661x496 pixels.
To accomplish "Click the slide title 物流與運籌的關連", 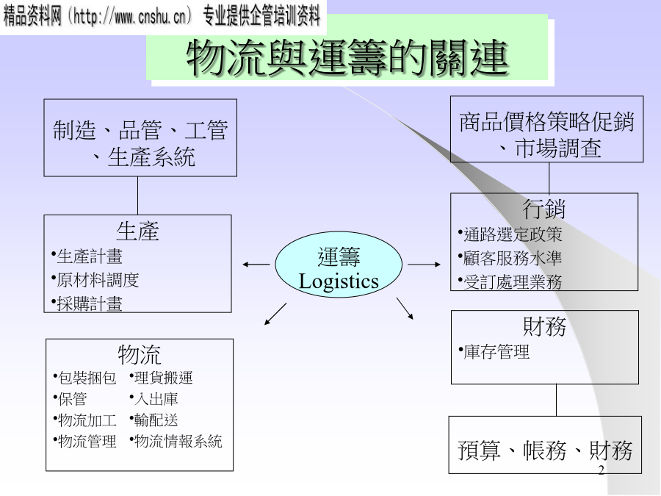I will tap(347, 57).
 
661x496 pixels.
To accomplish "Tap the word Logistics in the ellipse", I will tap(339, 281).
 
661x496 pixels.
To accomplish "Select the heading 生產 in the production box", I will tap(137, 231).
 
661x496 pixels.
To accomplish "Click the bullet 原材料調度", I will tap(98, 280).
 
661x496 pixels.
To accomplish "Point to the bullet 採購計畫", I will tap(90, 303).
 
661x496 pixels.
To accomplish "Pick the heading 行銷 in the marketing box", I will tap(544, 209).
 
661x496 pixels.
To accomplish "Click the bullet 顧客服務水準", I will tap(512, 258).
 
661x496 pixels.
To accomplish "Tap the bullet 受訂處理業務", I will tap(512, 281).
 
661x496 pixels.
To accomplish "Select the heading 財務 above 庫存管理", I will tap(544, 326).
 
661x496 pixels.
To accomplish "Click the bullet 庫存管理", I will tap(496, 352).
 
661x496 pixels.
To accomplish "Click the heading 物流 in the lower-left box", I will tap(140, 355).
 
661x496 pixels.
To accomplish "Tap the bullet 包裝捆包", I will tap(87, 378).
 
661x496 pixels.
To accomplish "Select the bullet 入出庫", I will tap(156, 399).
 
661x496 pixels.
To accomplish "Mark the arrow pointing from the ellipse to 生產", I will tap(256, 264).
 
